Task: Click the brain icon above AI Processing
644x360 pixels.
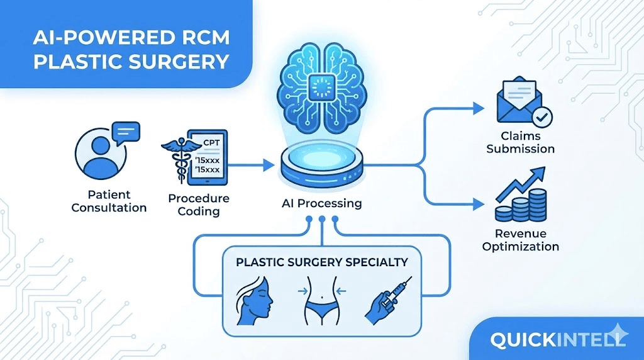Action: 322,87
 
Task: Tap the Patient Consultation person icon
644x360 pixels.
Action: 101,154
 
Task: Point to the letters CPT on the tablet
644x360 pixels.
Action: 211,143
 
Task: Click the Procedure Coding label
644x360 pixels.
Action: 199,205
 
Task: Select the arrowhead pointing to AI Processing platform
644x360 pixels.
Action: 269,165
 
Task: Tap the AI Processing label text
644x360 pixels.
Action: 322,203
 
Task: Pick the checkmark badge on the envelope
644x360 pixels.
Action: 542,117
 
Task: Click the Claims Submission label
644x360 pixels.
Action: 520,142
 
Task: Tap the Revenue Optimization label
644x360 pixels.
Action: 520,240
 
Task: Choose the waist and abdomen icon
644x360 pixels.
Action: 321,301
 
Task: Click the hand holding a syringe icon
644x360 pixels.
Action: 389,300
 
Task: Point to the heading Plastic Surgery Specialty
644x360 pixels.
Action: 322,262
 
